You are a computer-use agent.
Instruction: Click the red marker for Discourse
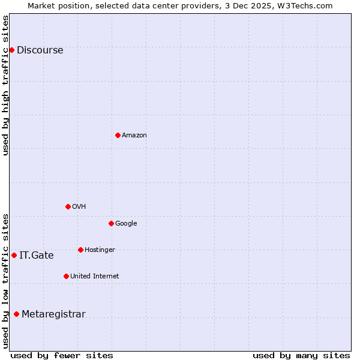11,50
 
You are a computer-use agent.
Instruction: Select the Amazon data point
118,135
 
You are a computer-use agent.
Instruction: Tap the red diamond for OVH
68,206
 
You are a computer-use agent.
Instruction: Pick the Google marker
111,223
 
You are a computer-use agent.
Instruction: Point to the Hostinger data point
80,250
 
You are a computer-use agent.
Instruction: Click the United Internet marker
66,276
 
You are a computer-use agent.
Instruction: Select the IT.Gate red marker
14,255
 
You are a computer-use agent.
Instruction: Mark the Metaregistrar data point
16,314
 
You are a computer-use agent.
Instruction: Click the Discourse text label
40,50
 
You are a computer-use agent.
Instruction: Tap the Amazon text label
134,136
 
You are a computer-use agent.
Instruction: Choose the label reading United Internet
94,277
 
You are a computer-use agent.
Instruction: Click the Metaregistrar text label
53,314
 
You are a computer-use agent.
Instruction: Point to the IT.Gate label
36,256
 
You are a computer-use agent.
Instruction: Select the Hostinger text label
100,250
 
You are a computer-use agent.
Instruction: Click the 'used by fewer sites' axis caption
62,355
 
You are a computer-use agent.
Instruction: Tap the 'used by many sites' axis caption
301,355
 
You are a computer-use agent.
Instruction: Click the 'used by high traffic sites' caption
5,85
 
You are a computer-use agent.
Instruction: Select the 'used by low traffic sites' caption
5,280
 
